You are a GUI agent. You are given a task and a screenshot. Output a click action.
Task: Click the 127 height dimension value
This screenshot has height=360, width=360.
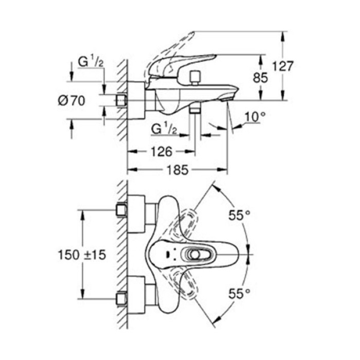tap(283, 66)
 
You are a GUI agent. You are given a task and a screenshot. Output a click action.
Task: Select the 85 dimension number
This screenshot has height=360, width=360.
tap(260, 78)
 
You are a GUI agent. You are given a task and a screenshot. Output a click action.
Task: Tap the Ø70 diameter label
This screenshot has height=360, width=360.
tap(71, 101)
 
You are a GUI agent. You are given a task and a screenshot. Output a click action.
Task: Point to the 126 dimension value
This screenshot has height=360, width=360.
tap(161, 152)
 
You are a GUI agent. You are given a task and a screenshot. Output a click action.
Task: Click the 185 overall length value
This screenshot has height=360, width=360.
tap(177, 170)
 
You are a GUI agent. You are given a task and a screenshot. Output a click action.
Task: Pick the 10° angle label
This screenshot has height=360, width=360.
tap(255, 117)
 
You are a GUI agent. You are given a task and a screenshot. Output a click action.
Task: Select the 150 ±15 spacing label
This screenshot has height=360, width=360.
tap(82, 255)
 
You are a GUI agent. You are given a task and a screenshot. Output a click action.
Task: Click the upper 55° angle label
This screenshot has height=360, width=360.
tap(239, 215)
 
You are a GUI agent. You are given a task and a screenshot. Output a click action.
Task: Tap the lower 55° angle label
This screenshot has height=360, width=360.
tap(239, 294)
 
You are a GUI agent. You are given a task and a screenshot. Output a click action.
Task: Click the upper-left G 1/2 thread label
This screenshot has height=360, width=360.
tap(90, 62)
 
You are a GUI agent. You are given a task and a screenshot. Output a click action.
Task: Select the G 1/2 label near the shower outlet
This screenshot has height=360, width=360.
tap(164, 129)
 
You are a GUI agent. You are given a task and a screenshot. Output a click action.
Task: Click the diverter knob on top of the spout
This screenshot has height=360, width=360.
tap(195, 78)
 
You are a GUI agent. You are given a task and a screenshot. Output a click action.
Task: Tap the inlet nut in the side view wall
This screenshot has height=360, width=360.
tap(121, 100)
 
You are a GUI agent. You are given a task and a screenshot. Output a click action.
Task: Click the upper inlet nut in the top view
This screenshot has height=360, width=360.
tap(121, 210)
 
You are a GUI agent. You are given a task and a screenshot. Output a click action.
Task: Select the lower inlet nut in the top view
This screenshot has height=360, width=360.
tap(121, 299)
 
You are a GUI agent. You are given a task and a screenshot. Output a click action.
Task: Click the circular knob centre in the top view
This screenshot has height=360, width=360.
tap(195, 255)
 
